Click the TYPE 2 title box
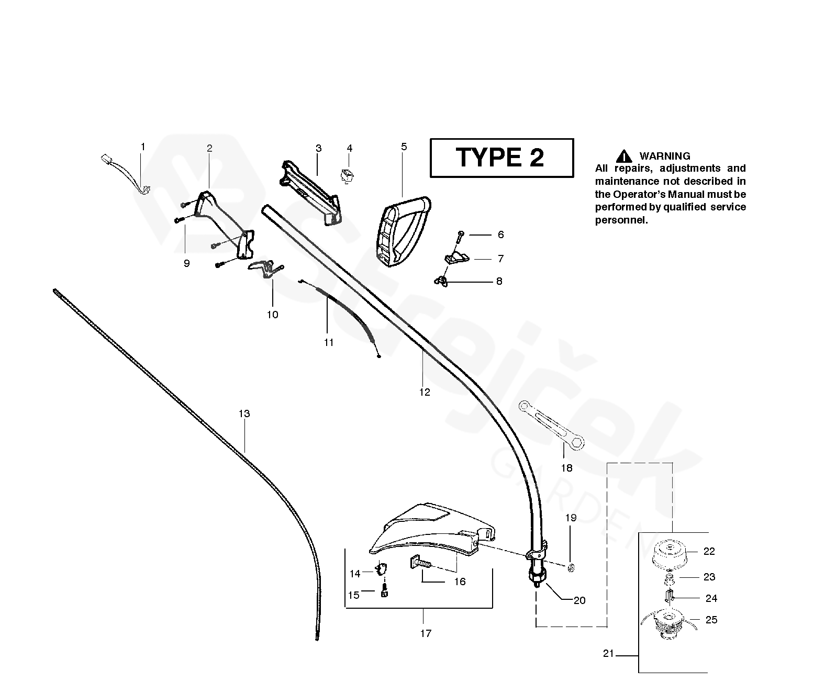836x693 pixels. click(501, 158)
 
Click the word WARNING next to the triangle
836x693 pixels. click(664, 156)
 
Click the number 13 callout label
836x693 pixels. click(244, 413)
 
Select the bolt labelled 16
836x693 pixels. click(419, 564)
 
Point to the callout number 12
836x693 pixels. click(424, 392)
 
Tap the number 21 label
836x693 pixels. click(608, 654)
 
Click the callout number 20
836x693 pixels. click(579, 600)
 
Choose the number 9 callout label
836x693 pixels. click(186, 263)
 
